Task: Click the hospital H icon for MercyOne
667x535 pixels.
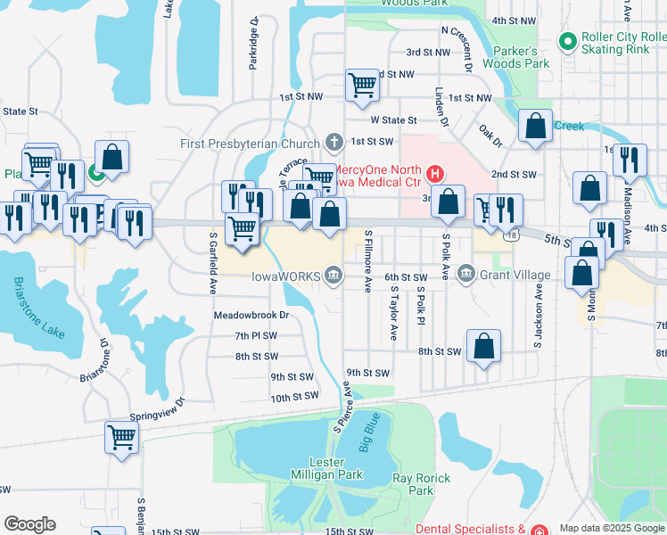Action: click(435, 172)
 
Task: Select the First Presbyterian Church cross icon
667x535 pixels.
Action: click(333, 142)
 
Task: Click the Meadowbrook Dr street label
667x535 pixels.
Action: click(251, 315)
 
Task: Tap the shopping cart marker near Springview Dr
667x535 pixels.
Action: click(121, 437)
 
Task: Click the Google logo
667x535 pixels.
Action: click(29, 524)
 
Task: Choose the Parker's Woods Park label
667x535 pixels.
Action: click(516, 57)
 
